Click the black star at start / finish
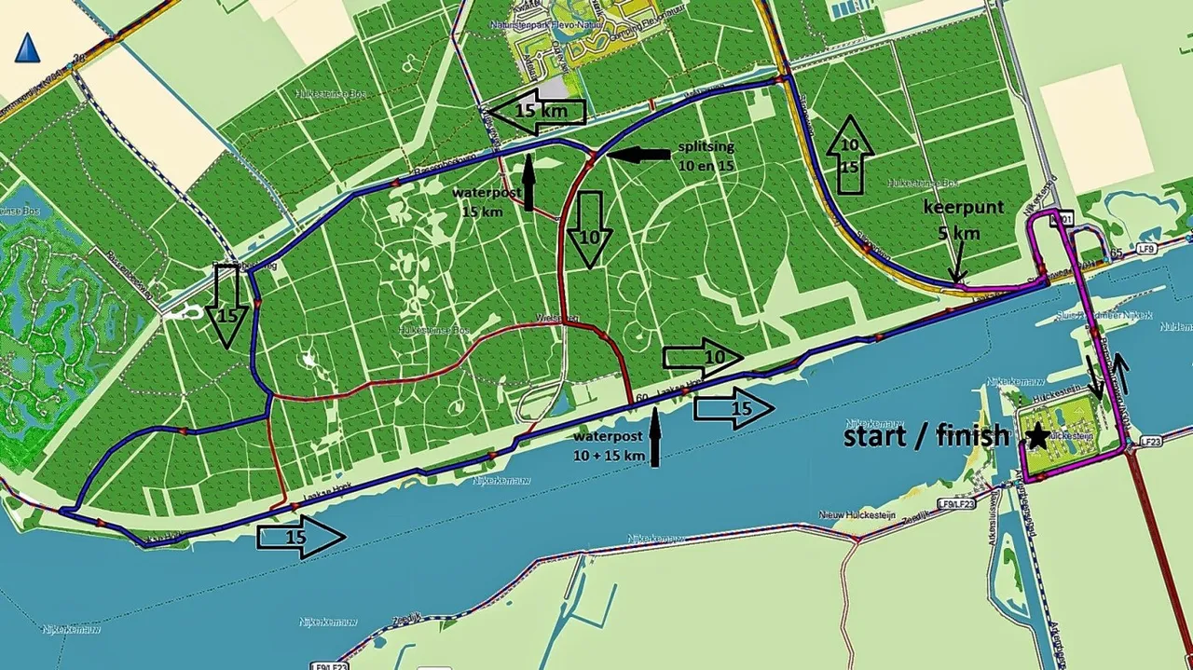[x=1036, y=435]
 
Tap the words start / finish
[x=926, y=435]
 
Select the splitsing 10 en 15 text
[x=706, y=155]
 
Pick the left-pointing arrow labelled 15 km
[x=536, y=113]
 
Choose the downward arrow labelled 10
[x=589, y=229]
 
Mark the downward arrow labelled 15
[x=227, y=306]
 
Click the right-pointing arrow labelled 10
[x=703, y=357]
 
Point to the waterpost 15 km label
[x=482, y=201]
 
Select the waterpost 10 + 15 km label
[x=610, y=445]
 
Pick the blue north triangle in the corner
[x=27, y=47]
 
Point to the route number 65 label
[x=1116, y=253]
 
